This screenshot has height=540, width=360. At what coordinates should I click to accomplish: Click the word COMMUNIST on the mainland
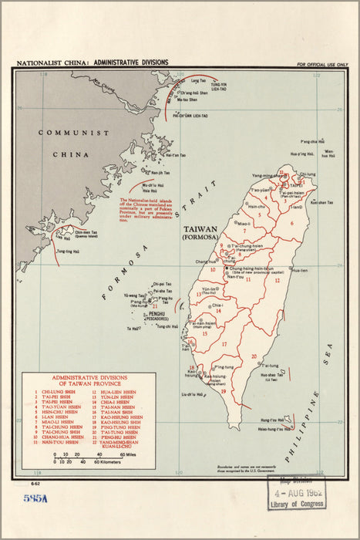73,133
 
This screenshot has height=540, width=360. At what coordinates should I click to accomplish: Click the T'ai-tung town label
269,365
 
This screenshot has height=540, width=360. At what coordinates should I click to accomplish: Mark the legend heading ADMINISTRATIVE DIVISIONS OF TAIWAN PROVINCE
89,380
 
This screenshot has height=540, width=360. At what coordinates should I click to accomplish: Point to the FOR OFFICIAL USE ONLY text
321,65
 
